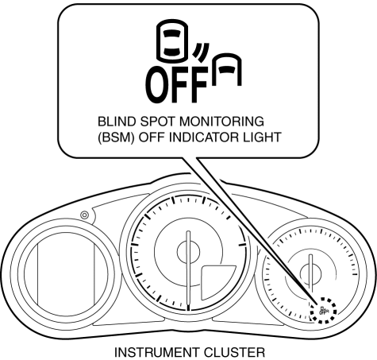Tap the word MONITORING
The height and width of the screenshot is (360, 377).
[221, 122]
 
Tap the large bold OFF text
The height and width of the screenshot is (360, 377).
[176, 84]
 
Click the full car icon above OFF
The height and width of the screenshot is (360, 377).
[172, 41]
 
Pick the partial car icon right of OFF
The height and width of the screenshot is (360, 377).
[227, 70]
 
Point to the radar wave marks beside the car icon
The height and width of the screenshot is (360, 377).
[202, 52]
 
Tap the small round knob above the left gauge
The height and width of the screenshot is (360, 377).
[85, 215]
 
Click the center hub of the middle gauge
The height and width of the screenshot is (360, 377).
[188, 251]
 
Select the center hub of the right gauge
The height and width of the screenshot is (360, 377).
[311, 273]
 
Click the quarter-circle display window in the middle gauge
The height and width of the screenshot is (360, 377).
[216, 281]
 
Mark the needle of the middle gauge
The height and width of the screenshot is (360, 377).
[188, 270]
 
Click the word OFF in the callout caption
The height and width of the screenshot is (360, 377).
[152, 137]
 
